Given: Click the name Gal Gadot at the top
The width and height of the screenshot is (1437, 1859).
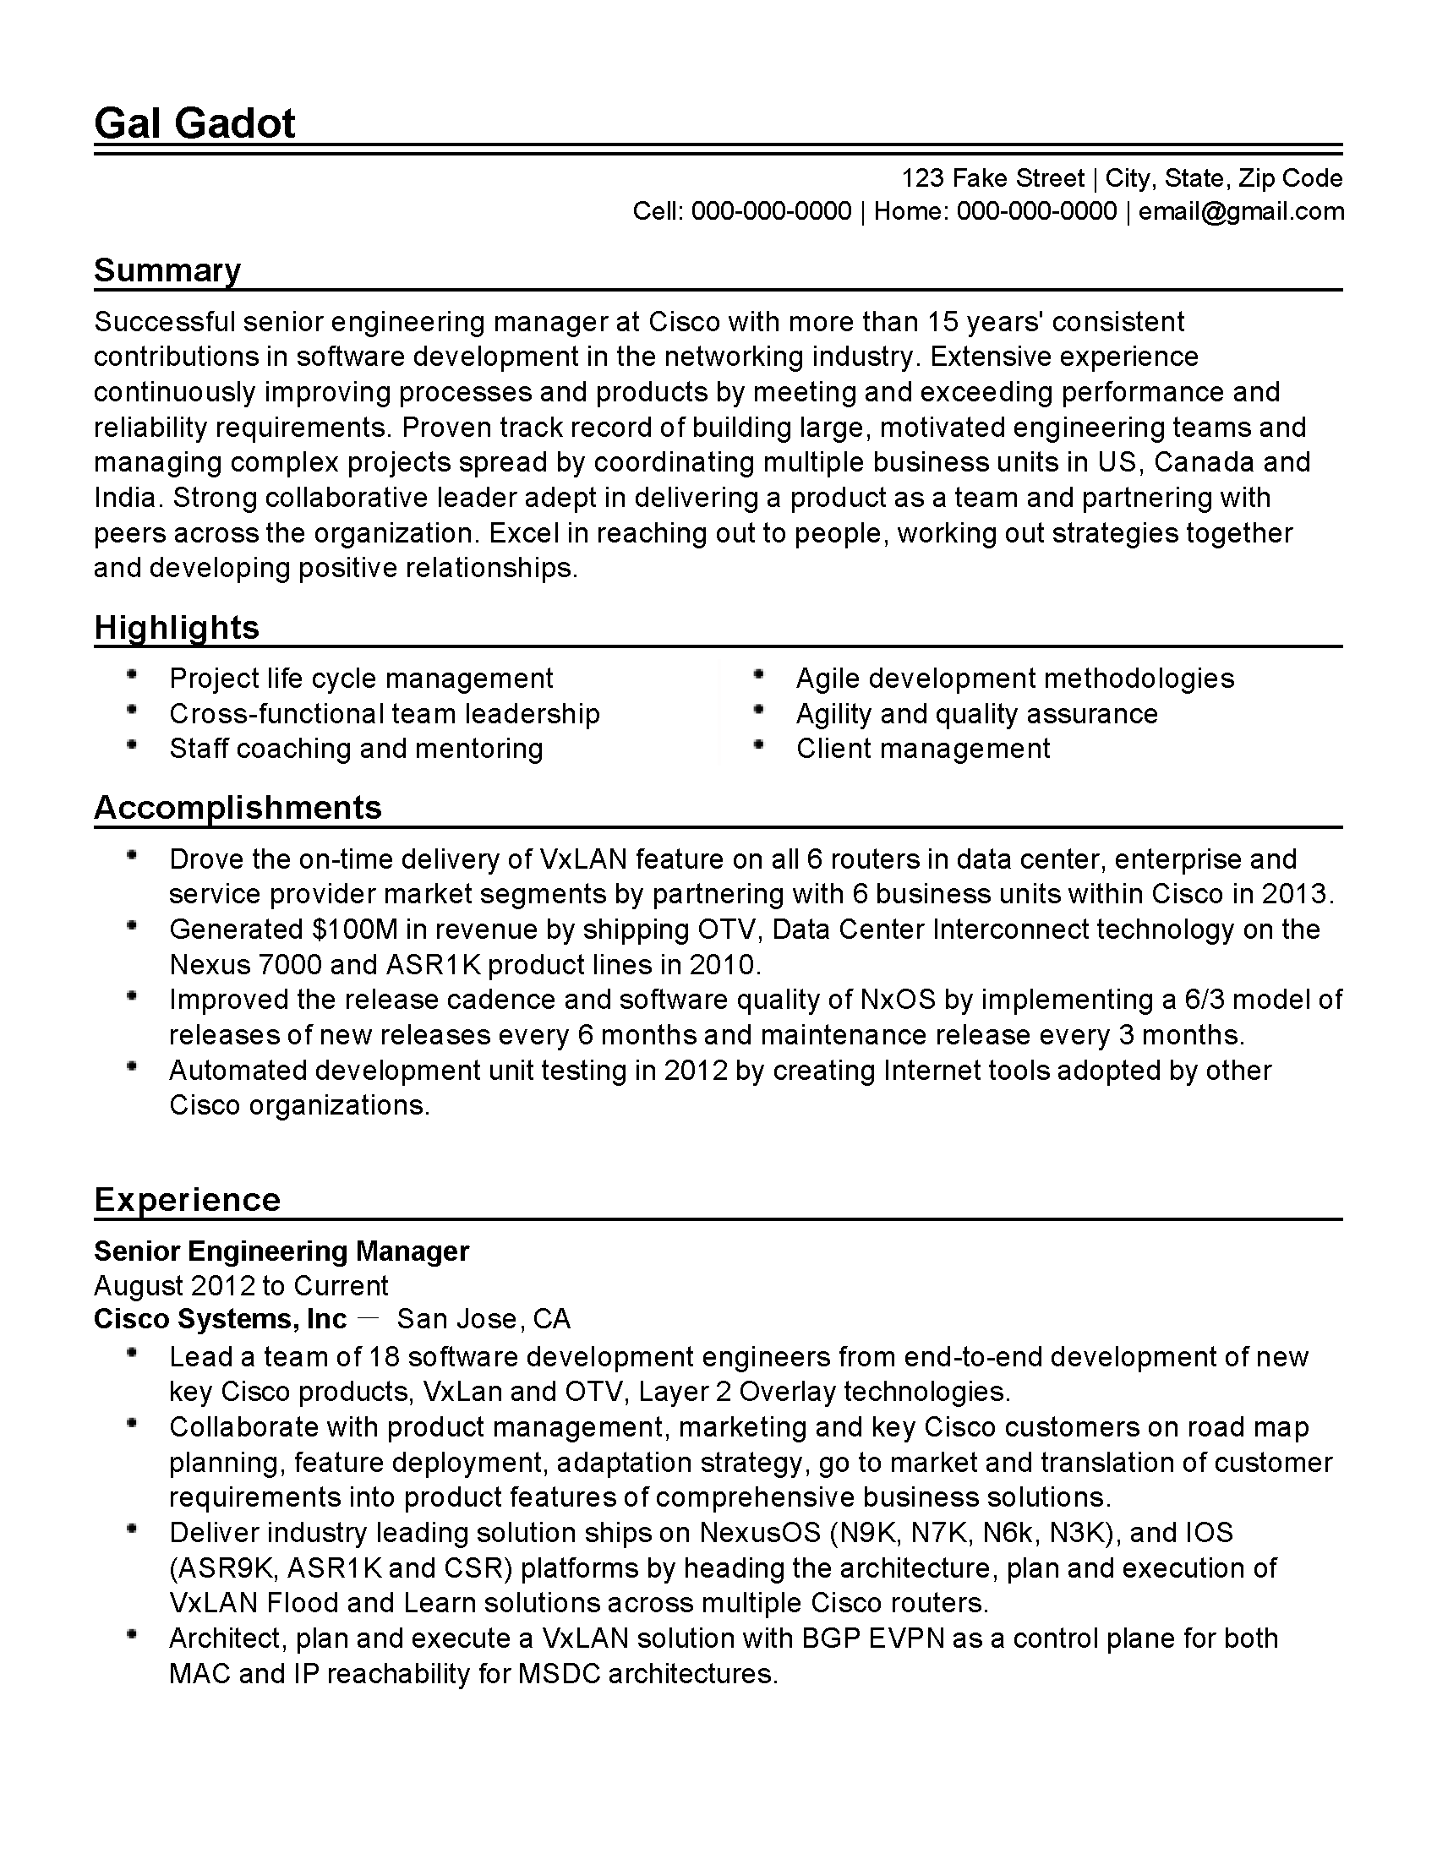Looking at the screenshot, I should (194, 123).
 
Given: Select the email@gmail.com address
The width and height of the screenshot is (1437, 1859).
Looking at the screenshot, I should (1241, 211).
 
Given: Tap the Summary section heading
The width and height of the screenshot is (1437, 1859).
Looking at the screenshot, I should (167, 270).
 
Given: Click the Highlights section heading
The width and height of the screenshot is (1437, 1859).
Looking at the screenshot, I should (176, 627).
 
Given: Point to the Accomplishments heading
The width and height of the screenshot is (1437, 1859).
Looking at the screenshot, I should (238, 807).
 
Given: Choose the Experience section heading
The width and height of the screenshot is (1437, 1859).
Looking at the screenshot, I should (187, 1199).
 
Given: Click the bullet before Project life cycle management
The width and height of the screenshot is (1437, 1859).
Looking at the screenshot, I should (131, 675).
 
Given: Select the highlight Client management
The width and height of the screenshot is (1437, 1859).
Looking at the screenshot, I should (923, 748).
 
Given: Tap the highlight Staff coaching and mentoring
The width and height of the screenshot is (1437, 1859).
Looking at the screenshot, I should (356, 748).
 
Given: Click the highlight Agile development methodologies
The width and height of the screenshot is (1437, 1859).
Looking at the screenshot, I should (1014, 679).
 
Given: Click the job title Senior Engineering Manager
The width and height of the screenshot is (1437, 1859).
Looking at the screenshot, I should (281, 1251).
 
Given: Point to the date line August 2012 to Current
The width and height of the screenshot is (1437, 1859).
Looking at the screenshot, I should (241, 1285).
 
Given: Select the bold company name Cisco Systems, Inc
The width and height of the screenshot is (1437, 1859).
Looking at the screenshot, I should (220, 1318).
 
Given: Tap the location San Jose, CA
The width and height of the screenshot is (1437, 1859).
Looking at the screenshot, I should (484, 1318).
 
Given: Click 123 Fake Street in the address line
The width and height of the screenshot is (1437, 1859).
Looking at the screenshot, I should (992, 178).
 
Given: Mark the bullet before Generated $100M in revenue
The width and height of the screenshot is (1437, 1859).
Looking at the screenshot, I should (131, 925).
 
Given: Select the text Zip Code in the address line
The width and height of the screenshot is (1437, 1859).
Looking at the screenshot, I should (1290, 178).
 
